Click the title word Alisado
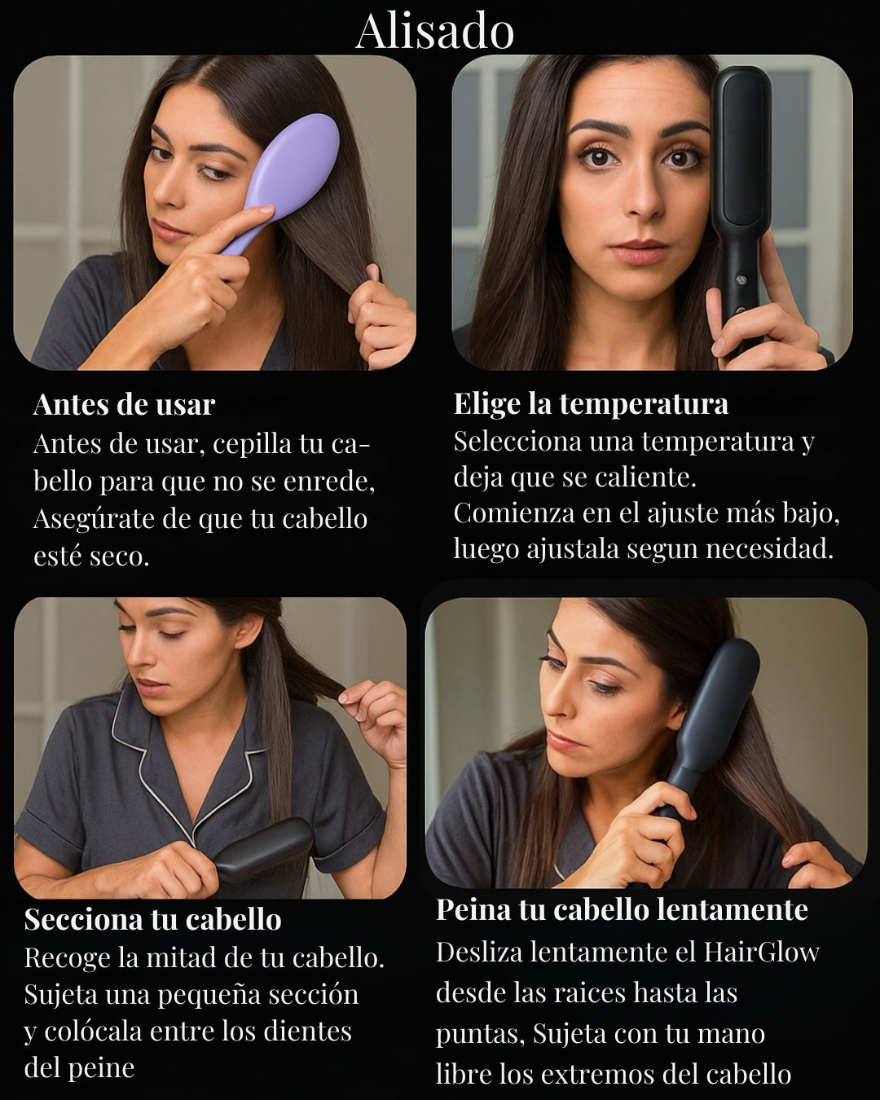coord(434,32)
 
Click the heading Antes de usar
coord(124,405)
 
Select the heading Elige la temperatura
coord(591,404)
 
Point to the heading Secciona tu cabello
coord(152,919)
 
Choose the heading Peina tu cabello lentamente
coord(622,910)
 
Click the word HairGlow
coord(761,952)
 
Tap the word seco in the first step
coord(120,557)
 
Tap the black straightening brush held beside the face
coord(741,205)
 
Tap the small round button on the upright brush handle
coord(741,279)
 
